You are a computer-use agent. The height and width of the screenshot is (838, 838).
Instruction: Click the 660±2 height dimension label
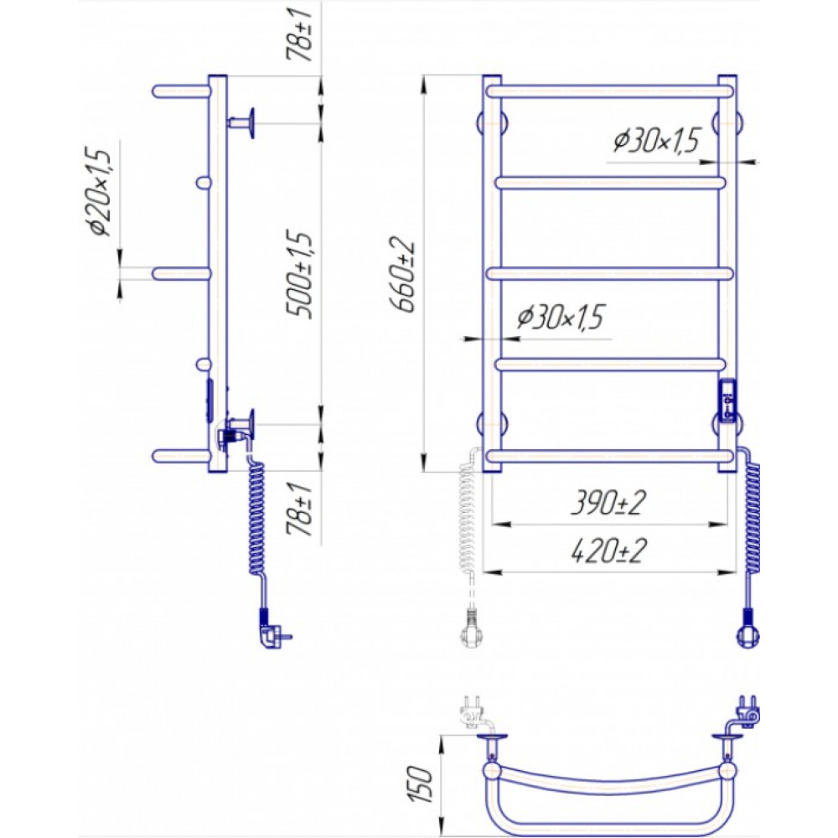tap(405, 274)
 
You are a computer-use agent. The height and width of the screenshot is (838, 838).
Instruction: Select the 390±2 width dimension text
tap(608, 503)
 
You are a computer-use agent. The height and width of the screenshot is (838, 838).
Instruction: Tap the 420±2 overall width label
tap(608, 551)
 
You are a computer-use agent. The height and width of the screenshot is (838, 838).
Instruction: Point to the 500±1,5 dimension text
tap(300, 275)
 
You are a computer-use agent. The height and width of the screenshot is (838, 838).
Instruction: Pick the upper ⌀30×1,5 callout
tap(656, 141)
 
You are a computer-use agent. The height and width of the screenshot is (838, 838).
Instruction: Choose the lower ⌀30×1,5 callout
tap(560, 317)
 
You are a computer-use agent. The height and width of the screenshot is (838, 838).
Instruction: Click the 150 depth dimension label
tap(421, 784)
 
